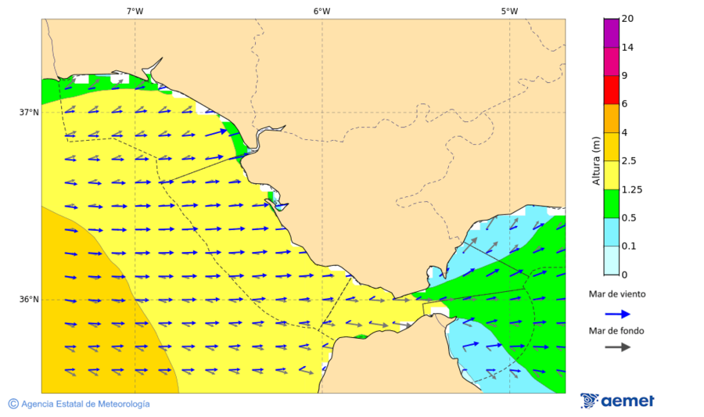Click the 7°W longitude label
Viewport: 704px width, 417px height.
135,11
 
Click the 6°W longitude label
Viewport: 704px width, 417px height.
321,11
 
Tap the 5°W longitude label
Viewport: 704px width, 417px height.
509,11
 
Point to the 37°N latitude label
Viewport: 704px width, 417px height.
29,112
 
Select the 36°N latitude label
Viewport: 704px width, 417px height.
29,300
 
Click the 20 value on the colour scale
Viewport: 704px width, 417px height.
627,19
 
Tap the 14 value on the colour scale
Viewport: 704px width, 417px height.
627,47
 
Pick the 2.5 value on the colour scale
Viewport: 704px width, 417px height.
628,161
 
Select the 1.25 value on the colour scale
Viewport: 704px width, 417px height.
630,189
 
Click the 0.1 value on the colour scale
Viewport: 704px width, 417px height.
628,246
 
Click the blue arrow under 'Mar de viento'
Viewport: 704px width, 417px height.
617,314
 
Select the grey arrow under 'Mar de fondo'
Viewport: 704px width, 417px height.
617,347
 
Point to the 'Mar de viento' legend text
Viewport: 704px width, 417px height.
617,294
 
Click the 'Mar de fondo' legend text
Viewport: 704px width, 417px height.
617,331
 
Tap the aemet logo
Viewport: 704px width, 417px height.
617,401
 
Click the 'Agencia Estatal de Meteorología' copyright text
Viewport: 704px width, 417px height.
79,404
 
